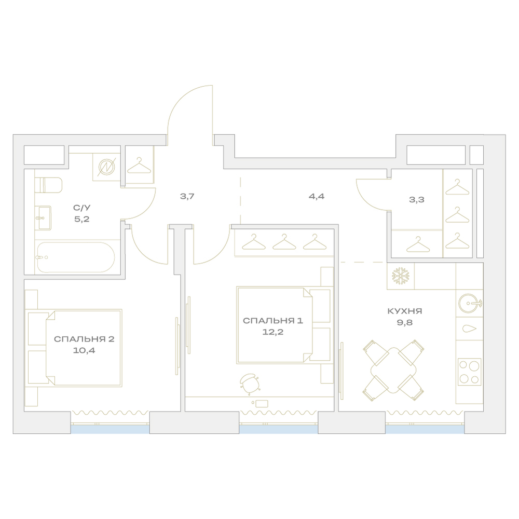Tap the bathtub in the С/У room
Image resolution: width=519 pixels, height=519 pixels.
[x=76, y=257]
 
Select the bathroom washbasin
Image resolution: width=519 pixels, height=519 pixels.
[x=44, y=218]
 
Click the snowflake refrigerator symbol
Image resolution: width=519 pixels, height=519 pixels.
[x=401, y=276]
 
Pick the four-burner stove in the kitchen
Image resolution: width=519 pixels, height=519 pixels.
[x=469, y=372]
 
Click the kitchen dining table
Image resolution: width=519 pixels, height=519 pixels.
[x=393, y=370]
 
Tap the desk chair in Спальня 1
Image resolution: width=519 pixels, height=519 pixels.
[x=250, y=384]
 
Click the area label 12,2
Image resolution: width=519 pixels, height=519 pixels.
[x=273, y=332]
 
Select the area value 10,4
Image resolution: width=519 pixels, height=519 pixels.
[x=84, y=350]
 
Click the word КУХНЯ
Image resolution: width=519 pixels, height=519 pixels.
[x=404, y=311]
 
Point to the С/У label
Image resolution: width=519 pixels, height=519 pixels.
[x=82, y=208]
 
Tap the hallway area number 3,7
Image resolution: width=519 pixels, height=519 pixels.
[x=187, y=196]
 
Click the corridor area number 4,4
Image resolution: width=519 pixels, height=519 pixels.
[x=317, y=196]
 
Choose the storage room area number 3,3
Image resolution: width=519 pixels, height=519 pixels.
[x=416, y=200]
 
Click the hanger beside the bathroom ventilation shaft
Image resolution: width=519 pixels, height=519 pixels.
[x=139, y=166]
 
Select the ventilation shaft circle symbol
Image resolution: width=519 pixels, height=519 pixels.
[x=106, y=167]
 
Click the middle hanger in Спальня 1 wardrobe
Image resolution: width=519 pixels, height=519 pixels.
[x=284, y=242]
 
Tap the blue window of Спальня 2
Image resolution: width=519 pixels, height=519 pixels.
[x=110, y=429]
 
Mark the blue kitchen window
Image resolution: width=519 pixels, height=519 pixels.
[x=425, y=429]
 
